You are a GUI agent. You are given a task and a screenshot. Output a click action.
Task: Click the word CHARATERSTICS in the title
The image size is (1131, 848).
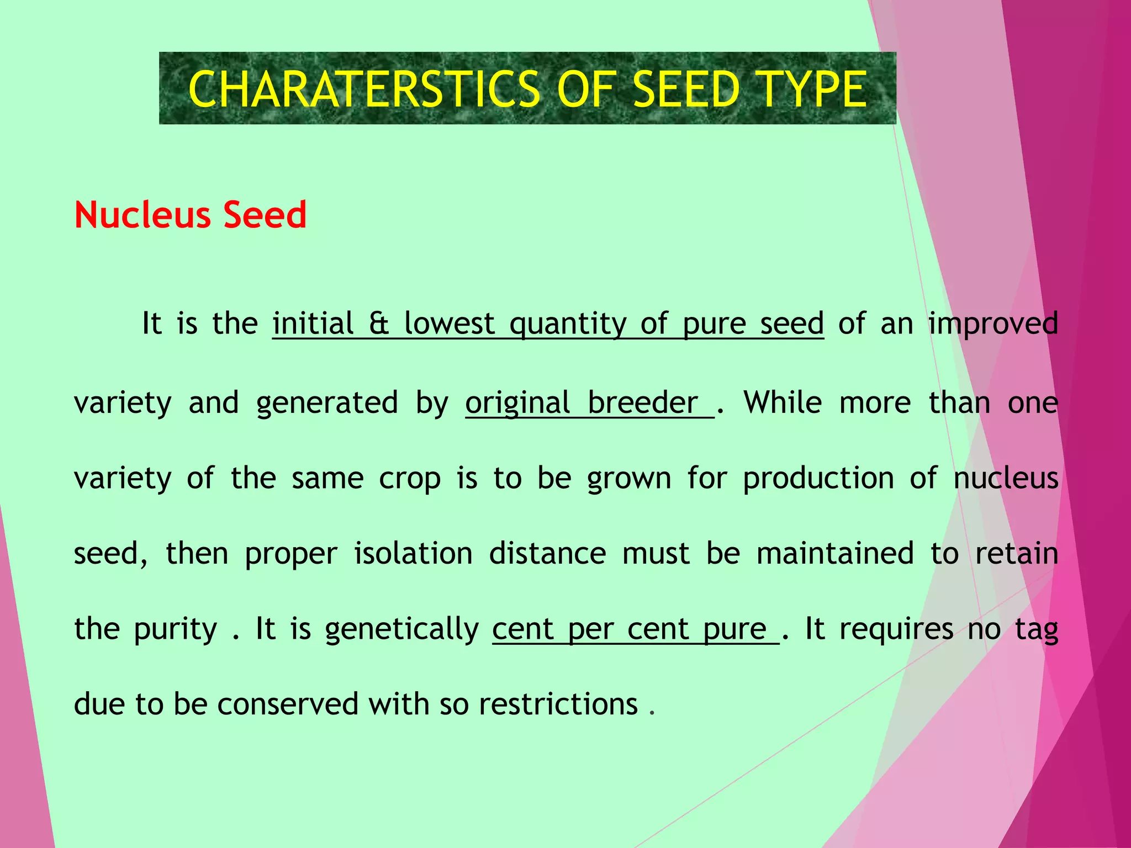tap(363, 89)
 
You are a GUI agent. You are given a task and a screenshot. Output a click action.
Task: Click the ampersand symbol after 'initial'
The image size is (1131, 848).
tap(379, 324)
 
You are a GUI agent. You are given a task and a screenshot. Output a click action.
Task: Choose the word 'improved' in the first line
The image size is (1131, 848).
tap(993, 325)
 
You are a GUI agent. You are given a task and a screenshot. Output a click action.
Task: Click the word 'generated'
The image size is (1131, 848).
tap(327, 404)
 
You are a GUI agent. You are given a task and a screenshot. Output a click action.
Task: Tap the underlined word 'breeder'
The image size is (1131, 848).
tap(643, 402)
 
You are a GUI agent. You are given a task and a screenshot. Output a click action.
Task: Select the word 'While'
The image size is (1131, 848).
tap(783, 402)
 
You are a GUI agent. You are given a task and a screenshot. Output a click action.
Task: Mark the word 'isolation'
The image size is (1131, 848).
tap(413, 553)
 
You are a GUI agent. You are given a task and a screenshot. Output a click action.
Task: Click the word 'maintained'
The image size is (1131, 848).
tap(835, 553)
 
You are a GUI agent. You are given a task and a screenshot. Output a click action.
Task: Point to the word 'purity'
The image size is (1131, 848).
tap(176, 630)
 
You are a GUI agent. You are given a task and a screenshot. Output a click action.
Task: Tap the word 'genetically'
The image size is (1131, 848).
tap(402, 630)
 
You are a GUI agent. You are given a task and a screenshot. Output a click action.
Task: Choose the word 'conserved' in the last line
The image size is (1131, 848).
tap(288, 704)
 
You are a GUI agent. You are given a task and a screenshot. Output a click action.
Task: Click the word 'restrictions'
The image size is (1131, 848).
tap(558, 704)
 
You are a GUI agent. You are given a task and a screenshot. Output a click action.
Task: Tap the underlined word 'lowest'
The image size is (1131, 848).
tap(449, 324)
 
